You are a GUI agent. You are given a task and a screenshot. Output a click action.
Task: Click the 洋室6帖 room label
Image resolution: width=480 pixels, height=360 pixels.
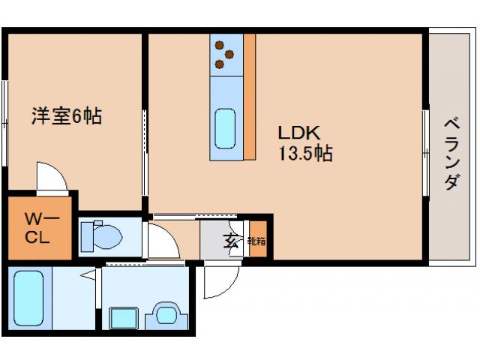click(x=67, y=115)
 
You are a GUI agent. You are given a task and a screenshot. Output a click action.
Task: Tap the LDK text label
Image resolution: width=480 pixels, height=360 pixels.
click(x=299, y=133)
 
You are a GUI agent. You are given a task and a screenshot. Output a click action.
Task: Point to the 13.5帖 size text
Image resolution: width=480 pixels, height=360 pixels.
click(x=305, y=153)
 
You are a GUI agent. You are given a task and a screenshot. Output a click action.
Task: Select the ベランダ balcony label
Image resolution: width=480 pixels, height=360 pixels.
click(x=451, y=154)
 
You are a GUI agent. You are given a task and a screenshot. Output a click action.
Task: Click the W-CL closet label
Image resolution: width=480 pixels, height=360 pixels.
click(x=42, y=228)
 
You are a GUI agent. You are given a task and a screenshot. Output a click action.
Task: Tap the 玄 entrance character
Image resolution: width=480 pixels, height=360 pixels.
click(x=231, y=241)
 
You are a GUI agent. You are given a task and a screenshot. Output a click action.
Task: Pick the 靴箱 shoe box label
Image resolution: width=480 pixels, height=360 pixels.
click(x=256, y=241)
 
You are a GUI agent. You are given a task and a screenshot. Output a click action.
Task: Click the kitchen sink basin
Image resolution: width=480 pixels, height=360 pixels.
click(x=225, y=128)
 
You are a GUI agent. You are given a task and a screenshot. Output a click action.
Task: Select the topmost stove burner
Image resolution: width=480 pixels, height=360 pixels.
click(x=219, y=45)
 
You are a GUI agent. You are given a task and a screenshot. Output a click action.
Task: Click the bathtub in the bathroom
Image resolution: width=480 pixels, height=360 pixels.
click(x=28, y=298)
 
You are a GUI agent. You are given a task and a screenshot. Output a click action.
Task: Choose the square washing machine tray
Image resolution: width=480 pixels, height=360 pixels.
click(x=124, y=318)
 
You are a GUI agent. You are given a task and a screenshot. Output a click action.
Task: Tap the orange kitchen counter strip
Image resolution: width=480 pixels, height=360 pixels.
click(x=250, y=97)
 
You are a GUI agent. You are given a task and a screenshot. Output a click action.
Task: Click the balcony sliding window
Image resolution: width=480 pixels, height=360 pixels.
click(x=426, y=152)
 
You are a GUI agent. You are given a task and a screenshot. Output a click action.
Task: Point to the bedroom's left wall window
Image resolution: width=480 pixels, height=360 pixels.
click(x=4, y=123)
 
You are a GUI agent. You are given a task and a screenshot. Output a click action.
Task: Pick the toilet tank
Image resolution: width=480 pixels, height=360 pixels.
click(x=87, y=237)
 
